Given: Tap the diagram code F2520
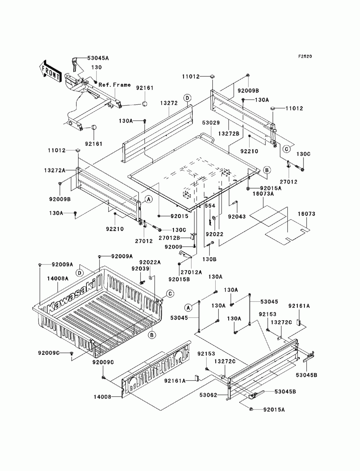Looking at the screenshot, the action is click(x=305, y=56).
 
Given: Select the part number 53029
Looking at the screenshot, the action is click(x=211, y=123).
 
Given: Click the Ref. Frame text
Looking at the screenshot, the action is click(x=114, y=85).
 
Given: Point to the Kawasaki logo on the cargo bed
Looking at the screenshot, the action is click(x=71, y=296).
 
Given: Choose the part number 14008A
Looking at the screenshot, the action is click(x=58, y=278).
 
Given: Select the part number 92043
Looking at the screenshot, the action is click(x=237, y=217).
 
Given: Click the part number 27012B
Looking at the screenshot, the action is click(x=169, y=238).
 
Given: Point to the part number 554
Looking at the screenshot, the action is click(x=210, y=206).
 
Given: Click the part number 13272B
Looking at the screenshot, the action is click(x=229, y=134).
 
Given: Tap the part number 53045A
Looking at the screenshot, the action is click(x=98, y=58).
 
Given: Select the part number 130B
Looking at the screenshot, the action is click(x=210, y=259).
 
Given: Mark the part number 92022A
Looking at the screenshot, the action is click(x=150, y=262).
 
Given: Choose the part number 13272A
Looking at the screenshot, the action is click(x=55, y=171).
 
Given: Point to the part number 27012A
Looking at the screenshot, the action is click(x=191, y=272).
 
